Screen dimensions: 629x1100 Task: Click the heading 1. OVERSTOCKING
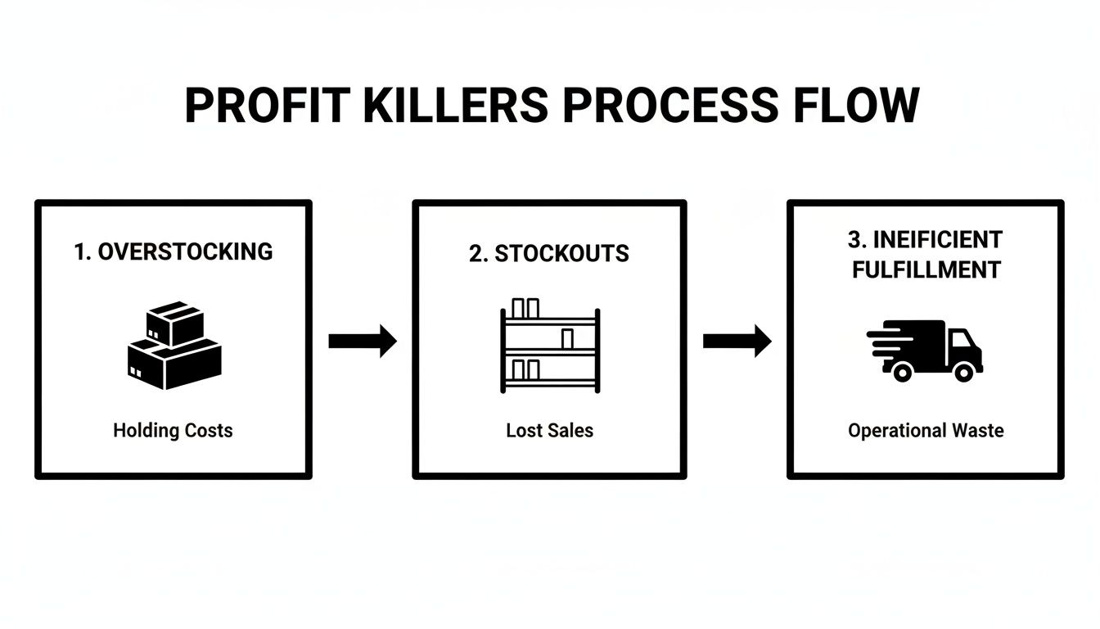click(x=173, y=251)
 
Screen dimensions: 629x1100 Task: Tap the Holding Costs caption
click(x=173, y=430)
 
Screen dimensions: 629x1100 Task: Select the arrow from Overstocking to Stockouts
click(x=362, y=341)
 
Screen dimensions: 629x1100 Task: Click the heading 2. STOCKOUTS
click(x=549, y=254)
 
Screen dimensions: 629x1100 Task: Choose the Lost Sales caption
click(x=549, y=430)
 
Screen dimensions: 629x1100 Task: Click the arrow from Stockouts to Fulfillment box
click(x=737, y=341)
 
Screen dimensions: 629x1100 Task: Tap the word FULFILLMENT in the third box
click(x=926, y=269)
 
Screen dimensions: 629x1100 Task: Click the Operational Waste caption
click(x=926, y=430)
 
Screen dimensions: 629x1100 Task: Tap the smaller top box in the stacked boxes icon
click(x=174, y=323)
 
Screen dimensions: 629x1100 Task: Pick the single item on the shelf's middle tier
click(x=567, y=337)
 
